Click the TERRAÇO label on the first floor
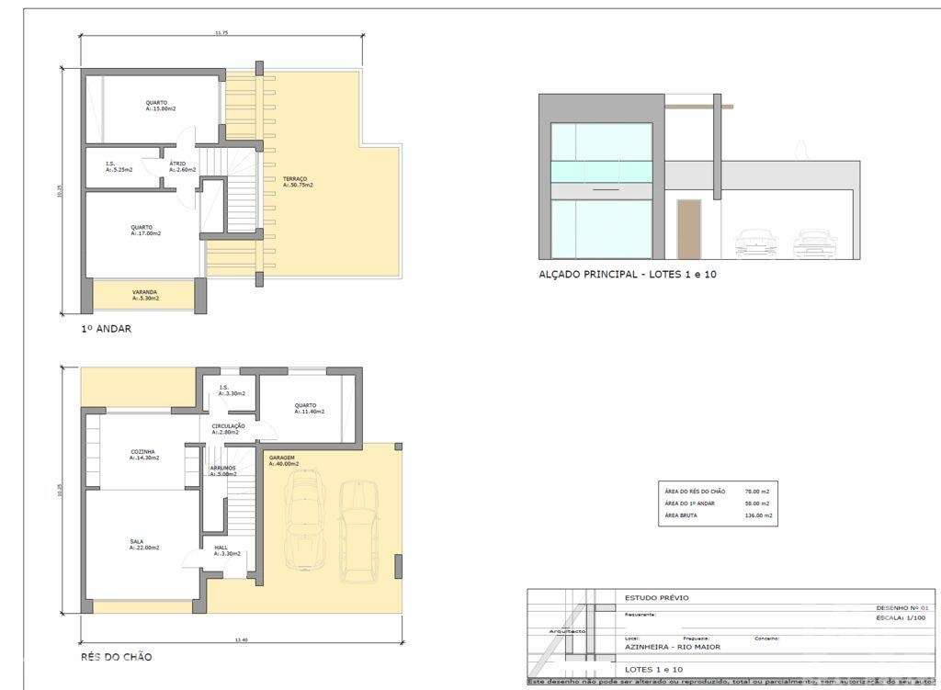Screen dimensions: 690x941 (x=296, y=178)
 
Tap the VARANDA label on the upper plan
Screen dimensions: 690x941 (x=145, y=292)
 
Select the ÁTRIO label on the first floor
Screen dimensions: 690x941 (x=177, y=164)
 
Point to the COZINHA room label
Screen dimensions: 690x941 (x=142, y=451)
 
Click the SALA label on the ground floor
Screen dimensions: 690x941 (x=136, y=542)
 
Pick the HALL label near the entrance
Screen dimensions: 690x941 (x=221, y=548)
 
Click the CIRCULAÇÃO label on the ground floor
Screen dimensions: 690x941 (x=228, y=426)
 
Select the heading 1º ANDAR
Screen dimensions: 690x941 (x=107, y=328)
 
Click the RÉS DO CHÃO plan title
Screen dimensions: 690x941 (x=116, y=657)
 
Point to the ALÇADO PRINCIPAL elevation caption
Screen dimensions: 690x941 (x=628, y=274)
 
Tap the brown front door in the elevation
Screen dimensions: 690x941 (x=688, y=229)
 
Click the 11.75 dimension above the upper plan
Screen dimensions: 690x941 (x=221, y=33)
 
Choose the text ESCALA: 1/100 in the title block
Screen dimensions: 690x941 (x=903, y=618)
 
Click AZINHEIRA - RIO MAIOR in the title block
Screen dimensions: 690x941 (x=673, y=647)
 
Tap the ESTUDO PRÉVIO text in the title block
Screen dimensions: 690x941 (x=656, y=598)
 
